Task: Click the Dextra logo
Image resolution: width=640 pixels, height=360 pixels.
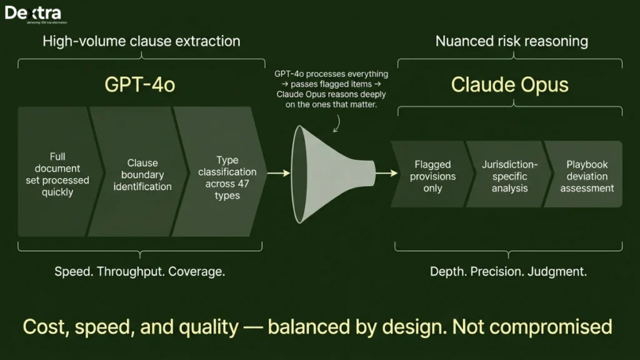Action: [x=32, y=14]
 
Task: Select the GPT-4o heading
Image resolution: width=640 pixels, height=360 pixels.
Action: [x=139, y=85]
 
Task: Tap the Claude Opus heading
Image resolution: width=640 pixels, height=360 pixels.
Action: [x=510, y=85]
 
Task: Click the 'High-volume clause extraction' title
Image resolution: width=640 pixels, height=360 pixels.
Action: [x=141, y=42]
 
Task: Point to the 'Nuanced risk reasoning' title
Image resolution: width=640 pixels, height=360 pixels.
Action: [x=511, y=42]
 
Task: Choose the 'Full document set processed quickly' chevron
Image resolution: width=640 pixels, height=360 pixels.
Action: [x=57, y=174]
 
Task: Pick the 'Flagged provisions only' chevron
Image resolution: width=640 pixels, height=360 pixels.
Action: [x=432, y=176]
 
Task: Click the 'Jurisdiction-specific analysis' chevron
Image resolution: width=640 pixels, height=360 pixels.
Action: [x=509, y=176]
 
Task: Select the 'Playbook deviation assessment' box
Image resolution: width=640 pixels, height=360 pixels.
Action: [x=586, y=176]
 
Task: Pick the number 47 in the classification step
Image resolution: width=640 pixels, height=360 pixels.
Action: [x=245, y=184]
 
